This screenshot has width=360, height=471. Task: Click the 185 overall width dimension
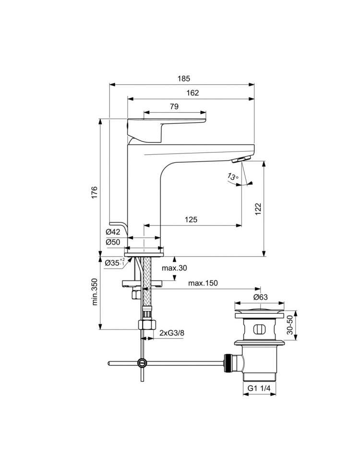pos(184,79)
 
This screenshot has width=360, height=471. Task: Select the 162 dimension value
pos(192,93)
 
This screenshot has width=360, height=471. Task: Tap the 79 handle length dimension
pos(174,106)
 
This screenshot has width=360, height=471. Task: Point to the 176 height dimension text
pos(95,192)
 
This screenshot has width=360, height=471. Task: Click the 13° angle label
pos(233,177)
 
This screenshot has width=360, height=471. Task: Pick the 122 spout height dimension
pos(258,209)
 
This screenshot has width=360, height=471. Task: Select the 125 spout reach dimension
pos(191,220)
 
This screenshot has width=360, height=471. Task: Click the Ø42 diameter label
pos(113,232)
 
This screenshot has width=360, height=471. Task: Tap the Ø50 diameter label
pos(113,242)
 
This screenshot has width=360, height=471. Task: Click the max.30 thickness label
pos(174,268)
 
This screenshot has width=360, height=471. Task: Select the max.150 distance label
pos(203,283)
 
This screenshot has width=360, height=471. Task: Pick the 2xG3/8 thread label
pos(172,333)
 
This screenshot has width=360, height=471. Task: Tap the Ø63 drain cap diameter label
pos(260,297)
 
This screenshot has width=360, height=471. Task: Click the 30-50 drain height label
pos(290,325)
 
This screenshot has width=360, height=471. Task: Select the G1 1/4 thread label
pos(259,388)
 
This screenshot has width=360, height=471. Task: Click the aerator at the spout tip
pos(241,159)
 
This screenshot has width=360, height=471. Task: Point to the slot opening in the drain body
pos(260,329)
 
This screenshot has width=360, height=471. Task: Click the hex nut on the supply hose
pos(147,325)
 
